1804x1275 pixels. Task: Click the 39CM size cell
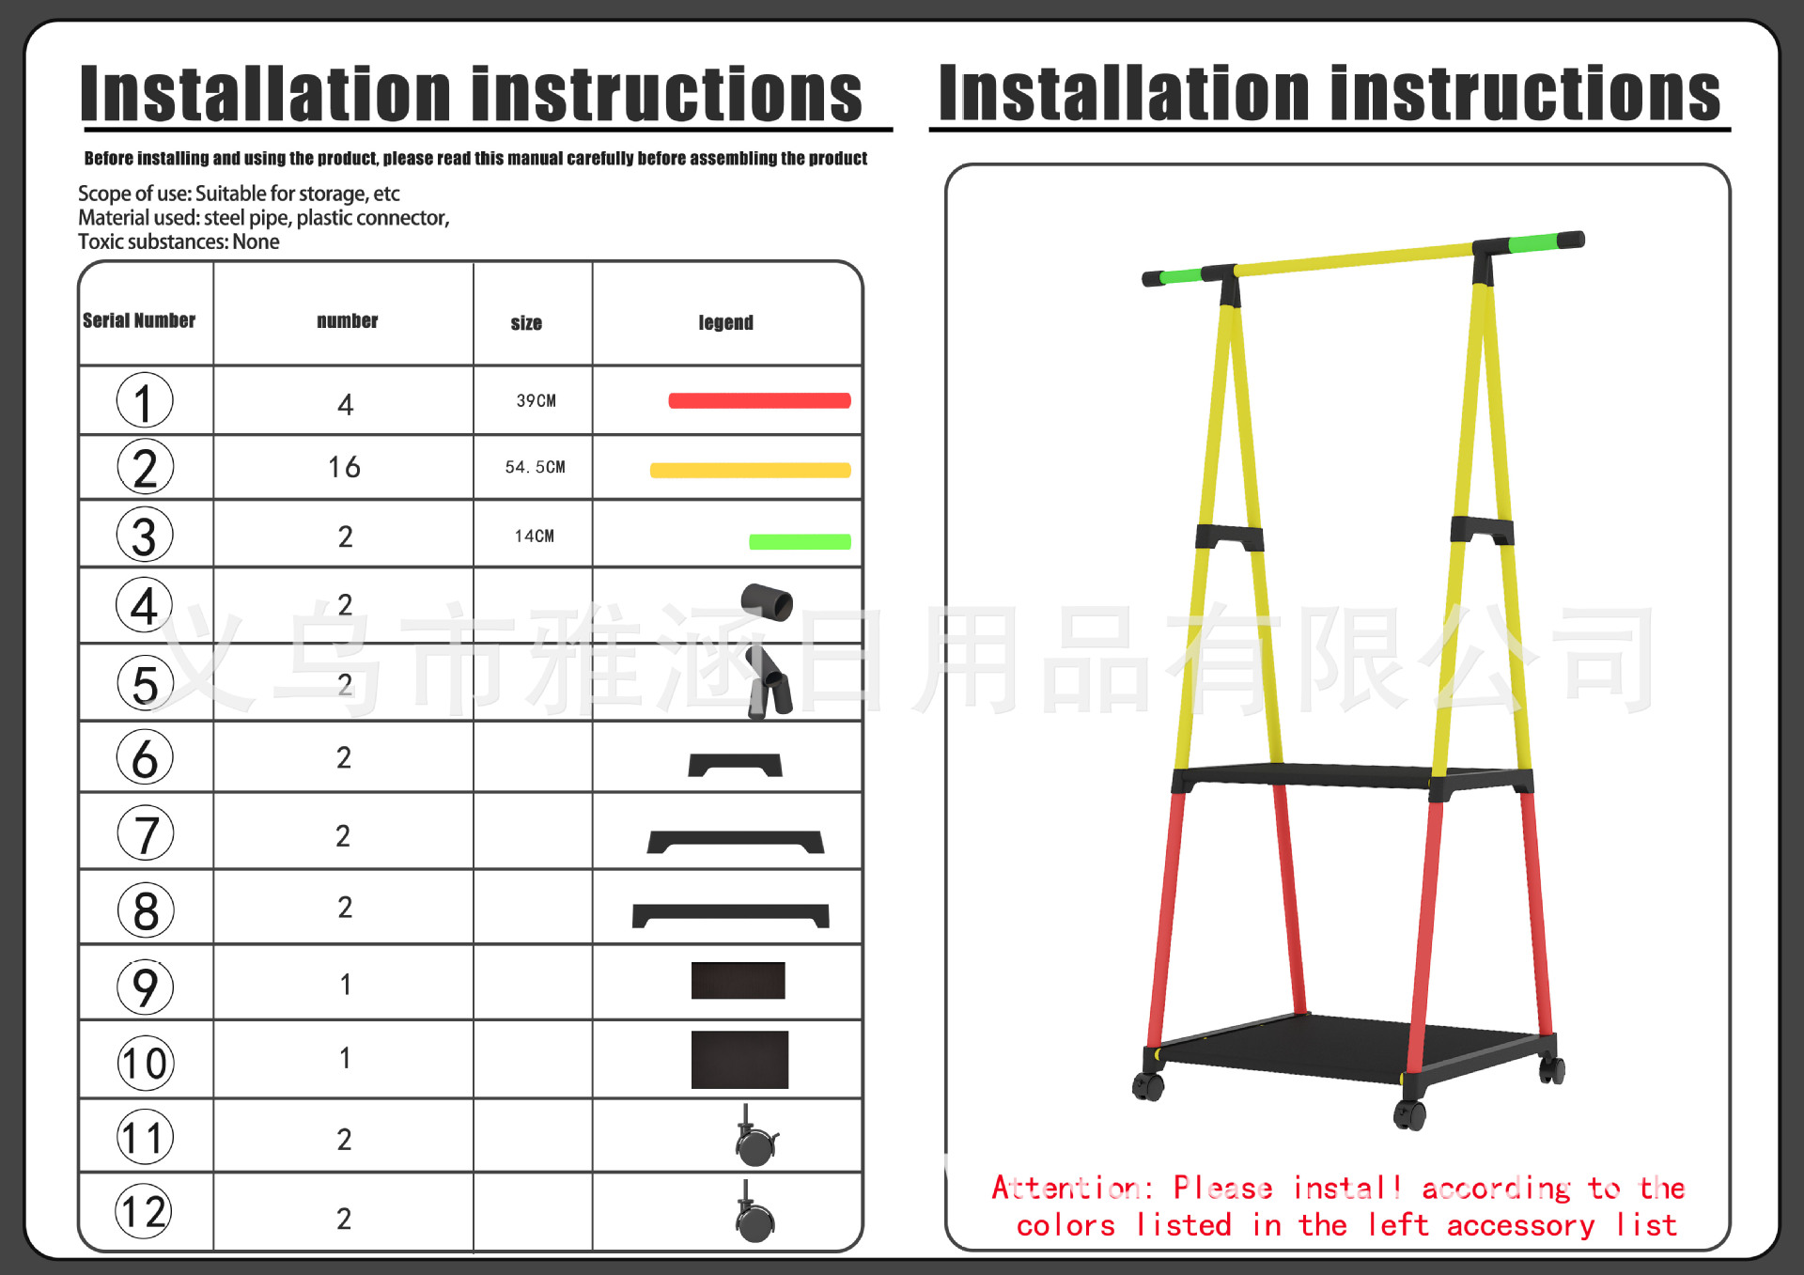[x=536, y=401]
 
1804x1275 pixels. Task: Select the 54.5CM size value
[x=535, y=467]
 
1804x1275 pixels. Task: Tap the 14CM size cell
[x=534, y=536]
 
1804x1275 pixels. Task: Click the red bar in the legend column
[x=759, y=401]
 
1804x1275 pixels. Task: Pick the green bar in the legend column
[x=800, y=541]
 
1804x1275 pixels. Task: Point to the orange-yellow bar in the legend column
[x=750, y=470]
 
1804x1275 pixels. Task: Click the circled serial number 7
[x=146, y=833]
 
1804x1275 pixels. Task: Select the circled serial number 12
[x=145, y=1211]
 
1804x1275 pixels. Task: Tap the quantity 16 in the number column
[x=344, y=467]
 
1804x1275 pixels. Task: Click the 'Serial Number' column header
[x=139, y=320]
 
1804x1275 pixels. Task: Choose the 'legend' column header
[x=725, y=322]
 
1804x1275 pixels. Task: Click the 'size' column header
[x=526, y=323]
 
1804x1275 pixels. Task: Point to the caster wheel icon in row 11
[x=755, y=1137]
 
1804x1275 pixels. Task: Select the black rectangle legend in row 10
[x=739, y=1060]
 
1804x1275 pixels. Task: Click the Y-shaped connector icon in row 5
[x=769, y=683]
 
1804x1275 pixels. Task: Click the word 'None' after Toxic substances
[x=256, y=241]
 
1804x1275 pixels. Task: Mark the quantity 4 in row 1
[x=345, y=405]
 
